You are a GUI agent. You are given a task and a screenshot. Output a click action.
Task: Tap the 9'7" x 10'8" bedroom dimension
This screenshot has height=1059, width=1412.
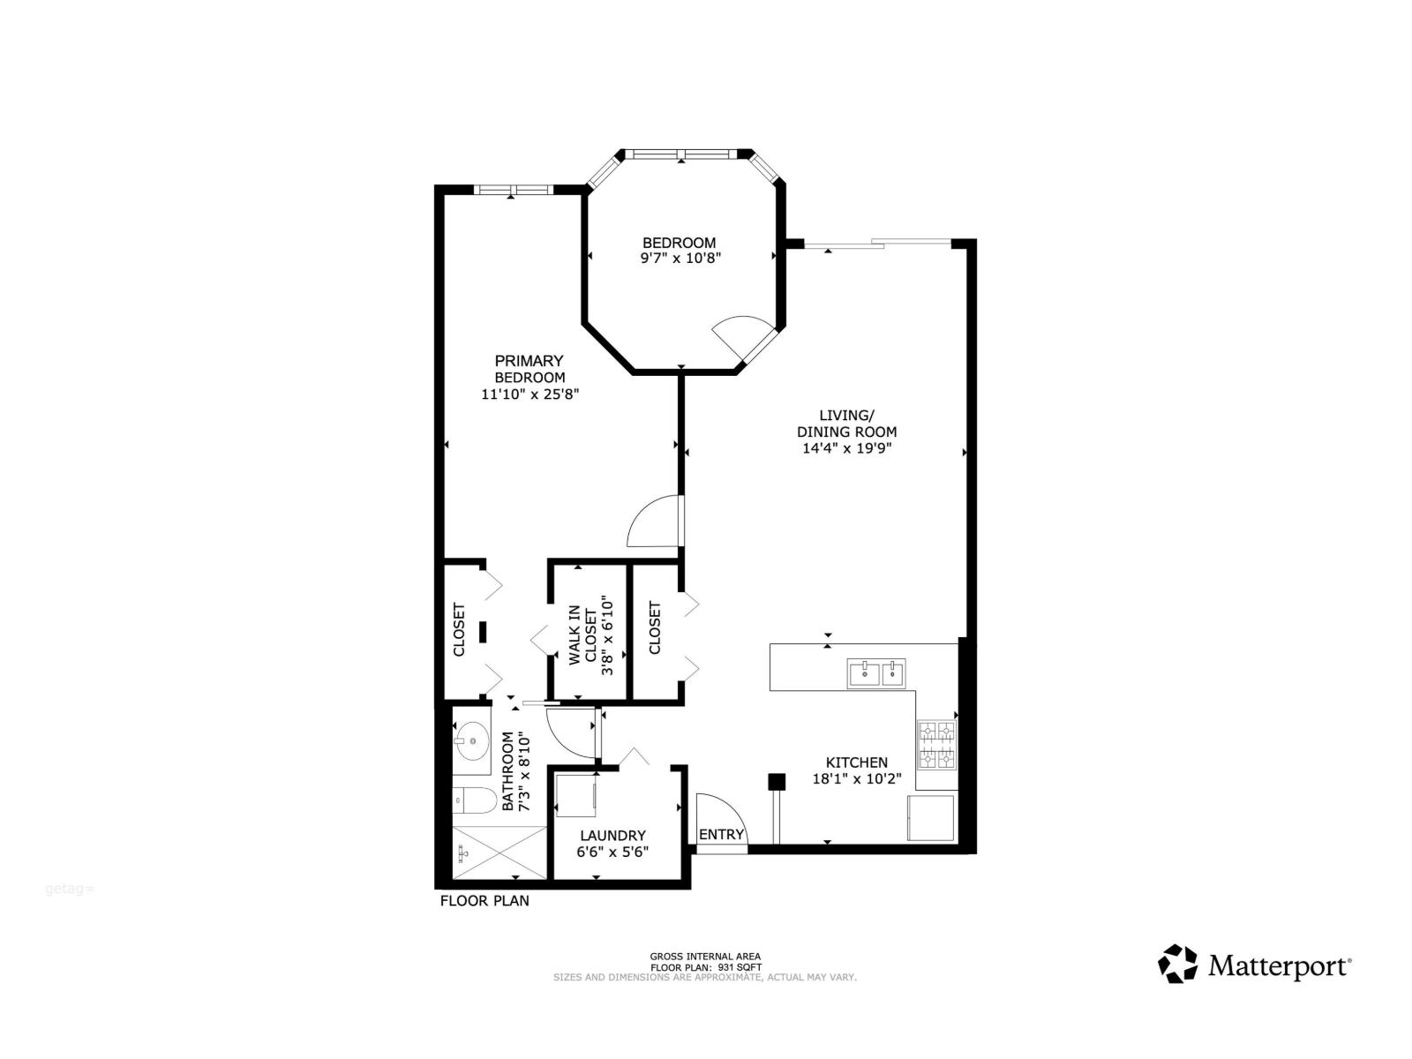pyautogui.click(x=680, y=259)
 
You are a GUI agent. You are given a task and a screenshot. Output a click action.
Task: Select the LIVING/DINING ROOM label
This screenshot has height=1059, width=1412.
pyautogui.click(x=846, y=424)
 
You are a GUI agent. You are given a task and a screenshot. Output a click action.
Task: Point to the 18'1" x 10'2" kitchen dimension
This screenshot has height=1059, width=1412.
pyautogui.click(x=856, y=779)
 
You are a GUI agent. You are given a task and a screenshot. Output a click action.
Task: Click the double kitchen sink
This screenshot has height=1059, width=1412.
pyautogui.click(x=876, y=673)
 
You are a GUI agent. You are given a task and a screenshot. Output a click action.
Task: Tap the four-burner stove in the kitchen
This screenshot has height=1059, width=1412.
pyautogui.click(x=936, y=745)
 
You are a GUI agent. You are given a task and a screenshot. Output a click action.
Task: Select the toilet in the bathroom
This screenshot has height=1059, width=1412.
pyautogui.click(x=474, y=801)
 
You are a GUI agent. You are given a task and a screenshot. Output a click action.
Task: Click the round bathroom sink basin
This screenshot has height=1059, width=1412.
pyautogui.click(x=473, y=740)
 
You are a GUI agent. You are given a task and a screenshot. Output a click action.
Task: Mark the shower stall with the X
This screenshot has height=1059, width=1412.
pyautogui.click(x=499, y=852)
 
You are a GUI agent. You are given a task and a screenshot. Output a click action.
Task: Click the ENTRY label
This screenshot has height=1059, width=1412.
pyautogui.click(x=721, y=835)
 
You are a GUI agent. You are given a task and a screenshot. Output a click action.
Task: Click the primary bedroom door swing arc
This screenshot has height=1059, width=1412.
pyautogui.click(x=651, y=523)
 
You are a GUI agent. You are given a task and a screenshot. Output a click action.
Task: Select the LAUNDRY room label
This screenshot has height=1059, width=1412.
pyautogui.click(x=612, y=835)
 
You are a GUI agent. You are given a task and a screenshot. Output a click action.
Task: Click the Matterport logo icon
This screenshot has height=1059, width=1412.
pyautogui.click(x=1177, y=964)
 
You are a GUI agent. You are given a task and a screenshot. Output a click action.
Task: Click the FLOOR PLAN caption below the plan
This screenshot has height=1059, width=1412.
pyautogui.click(x=484, y=901)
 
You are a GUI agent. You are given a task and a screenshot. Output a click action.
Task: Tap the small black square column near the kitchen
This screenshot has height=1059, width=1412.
pyautogui.click(x=777, y=781)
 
